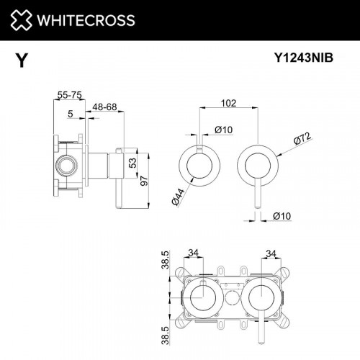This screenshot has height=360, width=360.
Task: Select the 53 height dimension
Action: (x=131, y=163)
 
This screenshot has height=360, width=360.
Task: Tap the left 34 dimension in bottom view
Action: (x=193, y=252)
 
